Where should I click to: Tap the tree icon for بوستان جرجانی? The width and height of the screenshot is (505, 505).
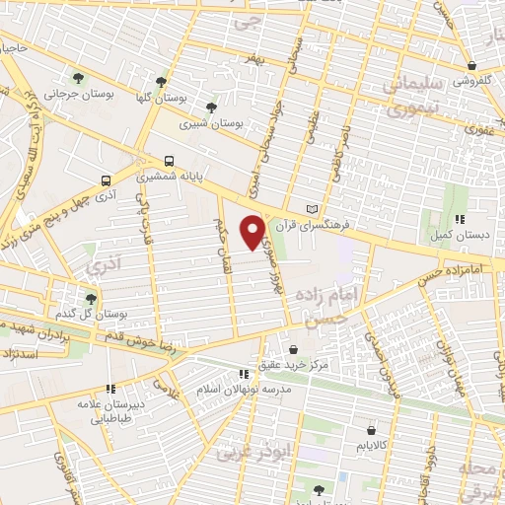click(x=78, y=76)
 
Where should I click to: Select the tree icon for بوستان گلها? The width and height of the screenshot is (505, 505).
click(x=162, y=82)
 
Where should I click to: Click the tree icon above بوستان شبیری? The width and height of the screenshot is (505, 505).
click(x=210, y=107)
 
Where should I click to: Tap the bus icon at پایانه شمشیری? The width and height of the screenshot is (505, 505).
click(x=171, y=160)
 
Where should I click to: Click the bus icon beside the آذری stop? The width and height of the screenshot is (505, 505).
click(x=106, y=180)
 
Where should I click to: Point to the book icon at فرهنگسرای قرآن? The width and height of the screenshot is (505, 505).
click(x=313, y=209)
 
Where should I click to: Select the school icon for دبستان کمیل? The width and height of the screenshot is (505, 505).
click(x=459, y=220)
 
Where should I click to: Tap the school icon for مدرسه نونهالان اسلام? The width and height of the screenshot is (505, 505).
click(x=243, y=374)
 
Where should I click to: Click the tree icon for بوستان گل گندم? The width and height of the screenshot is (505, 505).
click(x=91, y=297)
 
